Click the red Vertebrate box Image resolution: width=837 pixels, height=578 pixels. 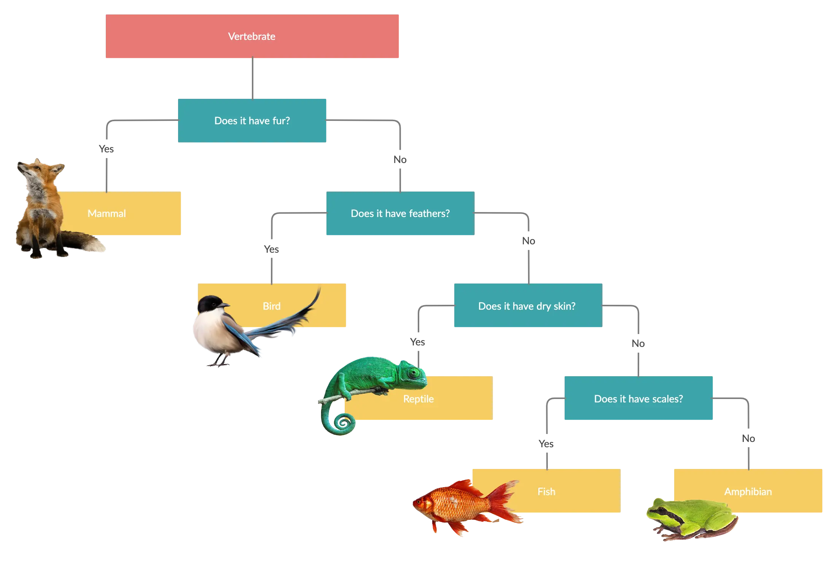[x=252, y=36]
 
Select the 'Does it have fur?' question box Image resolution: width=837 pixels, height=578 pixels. [x=252, y=120]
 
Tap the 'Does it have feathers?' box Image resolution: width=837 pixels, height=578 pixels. [x=400, y=213]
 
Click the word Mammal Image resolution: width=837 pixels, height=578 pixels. [x=107, y=214]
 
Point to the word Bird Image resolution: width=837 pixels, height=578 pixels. [x=272, y=306]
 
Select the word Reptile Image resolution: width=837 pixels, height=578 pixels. [x=418, y=399]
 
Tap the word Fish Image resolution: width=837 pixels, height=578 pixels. [x=546, y=492]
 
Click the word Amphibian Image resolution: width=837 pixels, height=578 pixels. [x=748, y=492]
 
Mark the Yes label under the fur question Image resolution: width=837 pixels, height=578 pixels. [x=106, y=149]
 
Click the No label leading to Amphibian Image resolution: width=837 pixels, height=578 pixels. [x=748, y=439]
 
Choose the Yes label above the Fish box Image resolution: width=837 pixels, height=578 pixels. [x=546, y=444]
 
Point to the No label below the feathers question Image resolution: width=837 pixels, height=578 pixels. [x=528, y=241]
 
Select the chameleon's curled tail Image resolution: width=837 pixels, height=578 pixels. [x=339, y=420]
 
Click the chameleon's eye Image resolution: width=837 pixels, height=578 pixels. [x=414, y=372]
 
